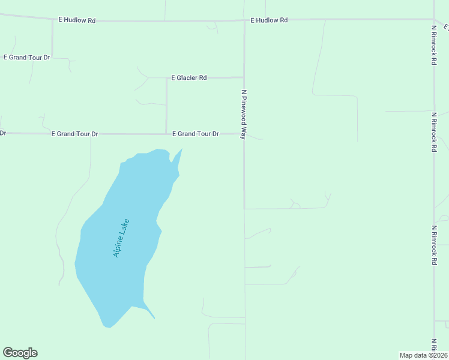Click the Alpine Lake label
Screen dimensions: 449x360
121,238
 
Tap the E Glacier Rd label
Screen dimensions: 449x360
189,78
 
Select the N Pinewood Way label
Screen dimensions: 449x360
244,115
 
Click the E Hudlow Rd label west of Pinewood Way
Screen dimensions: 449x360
77,20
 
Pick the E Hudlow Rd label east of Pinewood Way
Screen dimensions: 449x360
269,20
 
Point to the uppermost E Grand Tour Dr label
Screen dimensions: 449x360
27,58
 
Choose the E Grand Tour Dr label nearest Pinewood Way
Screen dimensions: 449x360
196,134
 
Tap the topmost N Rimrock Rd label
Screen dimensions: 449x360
433,45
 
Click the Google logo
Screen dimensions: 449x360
20,353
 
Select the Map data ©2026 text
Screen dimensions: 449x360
423,355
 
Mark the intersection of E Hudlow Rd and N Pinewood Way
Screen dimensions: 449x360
244,20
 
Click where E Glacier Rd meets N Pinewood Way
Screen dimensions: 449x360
244,77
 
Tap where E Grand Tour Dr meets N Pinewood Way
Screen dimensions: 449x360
244,134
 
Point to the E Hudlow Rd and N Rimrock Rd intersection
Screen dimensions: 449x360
434,19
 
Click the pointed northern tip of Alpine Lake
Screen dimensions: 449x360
182,149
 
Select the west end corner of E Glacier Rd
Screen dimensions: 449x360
166,78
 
